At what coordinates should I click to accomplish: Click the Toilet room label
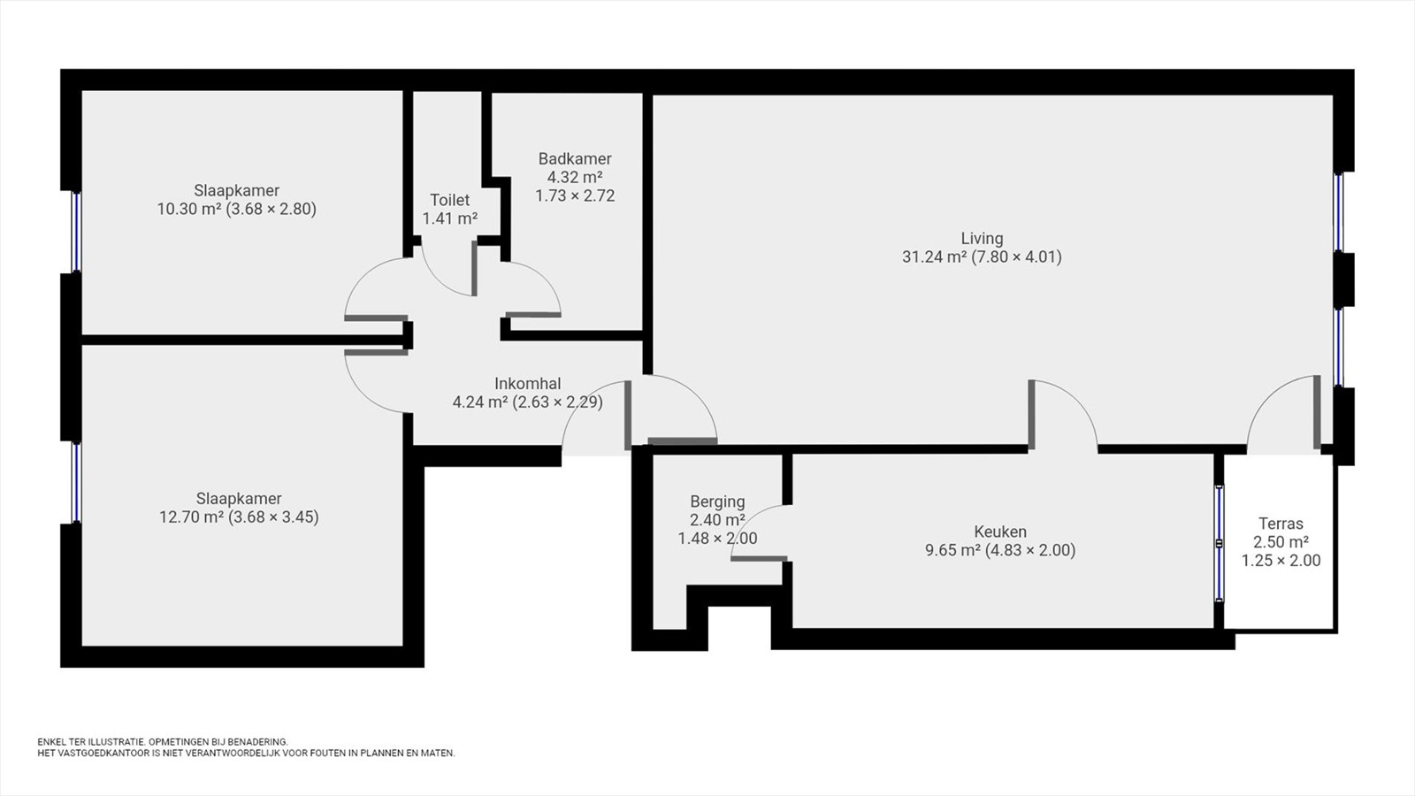[x=450, y=200]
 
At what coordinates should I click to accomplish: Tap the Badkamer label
[x=575, y=158]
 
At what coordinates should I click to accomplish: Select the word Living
[x=983, y=239]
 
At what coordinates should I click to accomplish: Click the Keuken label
[x=1000, y=532]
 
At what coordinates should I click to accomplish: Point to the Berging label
[x=717, y=502]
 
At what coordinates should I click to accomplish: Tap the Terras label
[x=1281, y=524]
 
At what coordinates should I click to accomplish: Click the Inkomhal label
[x=527, y=384]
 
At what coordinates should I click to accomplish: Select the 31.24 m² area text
[x=934, y=257]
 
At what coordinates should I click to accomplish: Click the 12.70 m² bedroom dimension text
[x=239, y=517]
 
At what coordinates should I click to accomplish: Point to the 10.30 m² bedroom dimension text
[x=237, y=209]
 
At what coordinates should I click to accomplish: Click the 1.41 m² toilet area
[x=450, y=219]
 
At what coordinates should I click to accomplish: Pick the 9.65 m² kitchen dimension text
[x=1000, y=550]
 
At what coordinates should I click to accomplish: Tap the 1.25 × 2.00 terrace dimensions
[x=1281, y=561]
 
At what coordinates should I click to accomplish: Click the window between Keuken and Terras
[x=1220, y=543]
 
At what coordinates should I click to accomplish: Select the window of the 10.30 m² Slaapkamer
[x=76, y=232]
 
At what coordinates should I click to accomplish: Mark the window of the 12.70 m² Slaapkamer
[x=76, y=483]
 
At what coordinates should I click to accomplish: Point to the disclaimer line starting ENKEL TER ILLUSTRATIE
[x=163, y=742]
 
